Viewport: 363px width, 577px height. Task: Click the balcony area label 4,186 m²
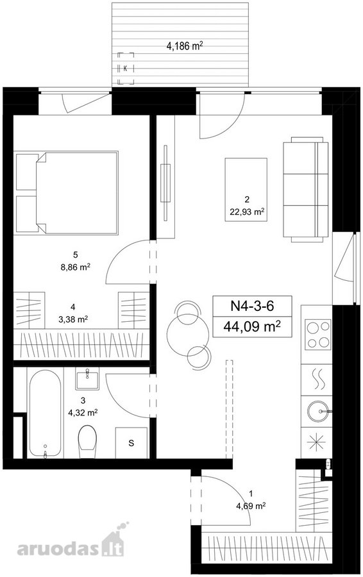(185, 46)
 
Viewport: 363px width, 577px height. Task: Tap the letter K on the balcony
(126, 69)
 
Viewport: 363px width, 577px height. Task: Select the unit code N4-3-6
(252, 306)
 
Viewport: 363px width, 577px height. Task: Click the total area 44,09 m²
(252, 326)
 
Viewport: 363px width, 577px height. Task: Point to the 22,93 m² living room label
(246, 212)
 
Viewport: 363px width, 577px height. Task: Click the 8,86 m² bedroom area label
(76, 267)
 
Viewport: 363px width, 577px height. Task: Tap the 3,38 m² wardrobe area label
(73, 319)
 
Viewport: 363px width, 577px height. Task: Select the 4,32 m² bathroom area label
(83, 412)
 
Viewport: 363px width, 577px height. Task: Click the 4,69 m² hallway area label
(251, 506)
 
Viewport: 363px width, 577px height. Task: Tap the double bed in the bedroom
(67, 192)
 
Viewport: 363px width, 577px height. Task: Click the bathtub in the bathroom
(45, 414)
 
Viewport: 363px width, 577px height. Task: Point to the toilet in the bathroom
(87, 442)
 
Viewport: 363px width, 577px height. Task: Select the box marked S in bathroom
(131, 443)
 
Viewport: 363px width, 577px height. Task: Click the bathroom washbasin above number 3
(87, 378)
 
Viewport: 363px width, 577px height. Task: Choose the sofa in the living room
(305, 190)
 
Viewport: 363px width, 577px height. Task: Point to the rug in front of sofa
(246, 190)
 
